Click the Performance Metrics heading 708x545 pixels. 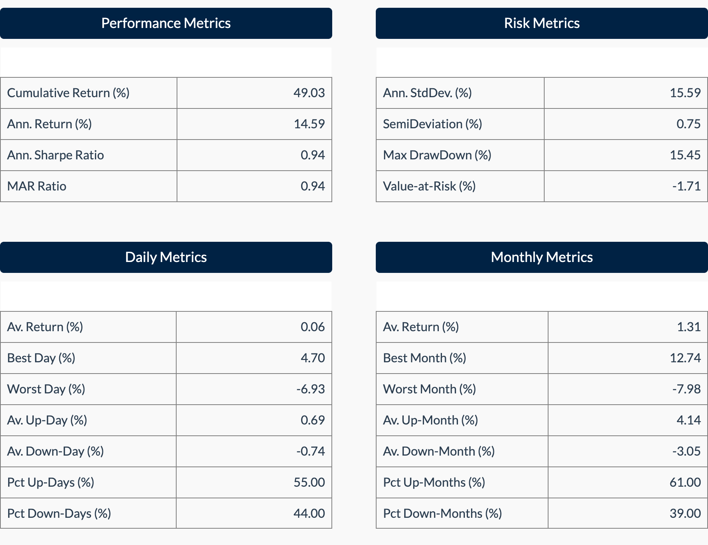click(166, 23)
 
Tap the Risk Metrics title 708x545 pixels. click(542, 23)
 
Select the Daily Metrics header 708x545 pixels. click(166, 257)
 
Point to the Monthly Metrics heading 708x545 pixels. click(542, 257)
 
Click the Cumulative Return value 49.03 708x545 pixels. click(309, 93)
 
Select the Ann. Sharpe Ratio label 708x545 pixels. click(56, 155)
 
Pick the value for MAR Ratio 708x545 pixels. click(312, 186)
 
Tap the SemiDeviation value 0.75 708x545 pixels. click(688, 124)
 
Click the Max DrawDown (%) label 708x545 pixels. click(437, 155)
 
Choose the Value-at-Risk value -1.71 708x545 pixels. click(686, 186)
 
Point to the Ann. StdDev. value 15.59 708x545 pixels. click(685, 93)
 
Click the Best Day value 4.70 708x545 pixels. click(312, 358)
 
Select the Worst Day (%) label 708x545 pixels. click(46, 389)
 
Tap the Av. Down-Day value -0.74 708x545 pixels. click(310, 451)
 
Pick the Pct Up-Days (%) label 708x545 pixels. click(51, 482)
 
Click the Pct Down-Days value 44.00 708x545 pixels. click(309, 514)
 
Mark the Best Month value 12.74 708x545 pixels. click(685, 358)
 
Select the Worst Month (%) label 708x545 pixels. click(429, 389)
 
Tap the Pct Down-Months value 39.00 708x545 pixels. click(685, 514)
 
